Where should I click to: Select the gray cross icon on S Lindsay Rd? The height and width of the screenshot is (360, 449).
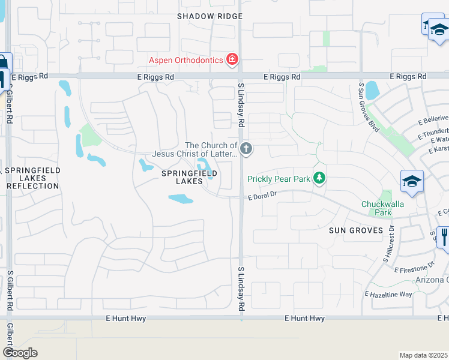pyautogui.click(x=246, y=148)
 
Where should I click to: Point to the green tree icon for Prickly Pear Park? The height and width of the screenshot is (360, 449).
pyautogui.click(x=321, y=178)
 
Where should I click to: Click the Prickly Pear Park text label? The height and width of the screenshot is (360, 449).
pyautogui.click(x=279, y=179)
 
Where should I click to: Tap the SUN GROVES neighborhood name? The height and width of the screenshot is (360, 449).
pyautogui.click(x=356, y=230)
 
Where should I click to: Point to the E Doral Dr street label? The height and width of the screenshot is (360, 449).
pyautogui.click(x=262, y=194)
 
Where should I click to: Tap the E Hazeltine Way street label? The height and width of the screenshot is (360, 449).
pyautogui.click(x=388, y=294)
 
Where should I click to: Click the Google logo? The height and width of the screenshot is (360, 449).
pyautogui.click(x=20, y=353)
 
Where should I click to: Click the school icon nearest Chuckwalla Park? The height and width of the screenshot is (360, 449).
pyautogui.click(x=412, y=182)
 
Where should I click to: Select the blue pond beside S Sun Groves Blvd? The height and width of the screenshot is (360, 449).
pyautogui.click(x=372, y=90)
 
